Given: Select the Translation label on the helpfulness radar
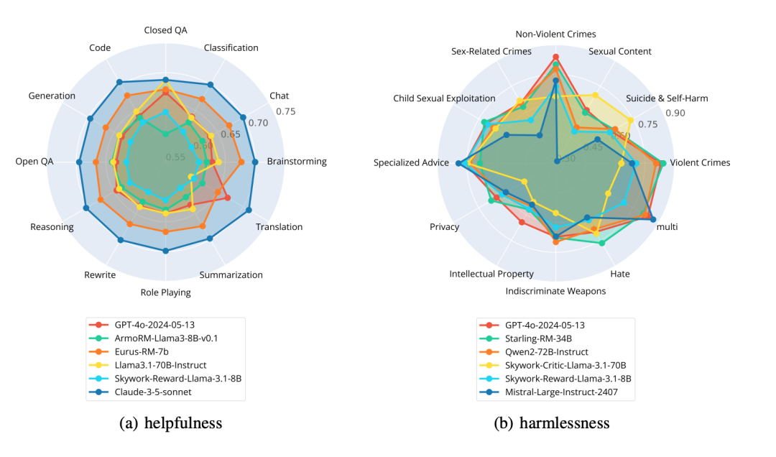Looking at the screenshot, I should [279, 227].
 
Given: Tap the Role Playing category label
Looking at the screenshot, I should [165, 292].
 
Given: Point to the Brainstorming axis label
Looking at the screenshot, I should [296, 162].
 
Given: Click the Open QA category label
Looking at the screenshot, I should [34, 162].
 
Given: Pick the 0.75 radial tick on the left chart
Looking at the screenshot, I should [285, 111].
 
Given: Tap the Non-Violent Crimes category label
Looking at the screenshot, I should [555, 34].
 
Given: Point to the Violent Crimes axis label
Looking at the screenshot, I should [700, 162].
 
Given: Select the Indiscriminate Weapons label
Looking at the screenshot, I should [555, 291].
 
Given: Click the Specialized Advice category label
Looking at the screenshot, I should [411, 163].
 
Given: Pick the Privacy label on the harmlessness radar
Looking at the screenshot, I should [444, 227].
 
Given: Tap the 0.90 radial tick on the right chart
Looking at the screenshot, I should [675, 113].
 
